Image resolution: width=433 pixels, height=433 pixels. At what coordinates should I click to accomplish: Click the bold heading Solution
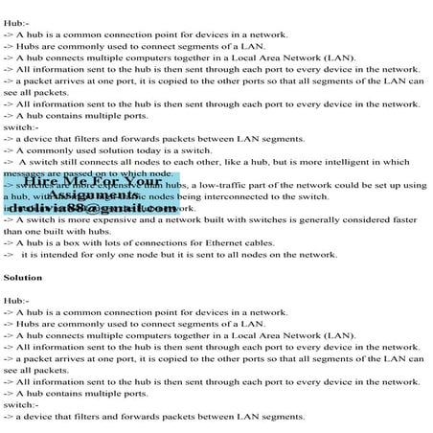(23, 277)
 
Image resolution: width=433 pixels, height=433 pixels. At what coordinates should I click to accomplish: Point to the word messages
(25, 173)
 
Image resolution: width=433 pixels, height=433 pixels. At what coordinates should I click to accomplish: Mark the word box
(67, 242)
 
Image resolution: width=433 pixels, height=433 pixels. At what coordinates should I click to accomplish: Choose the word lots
(99, 242)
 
